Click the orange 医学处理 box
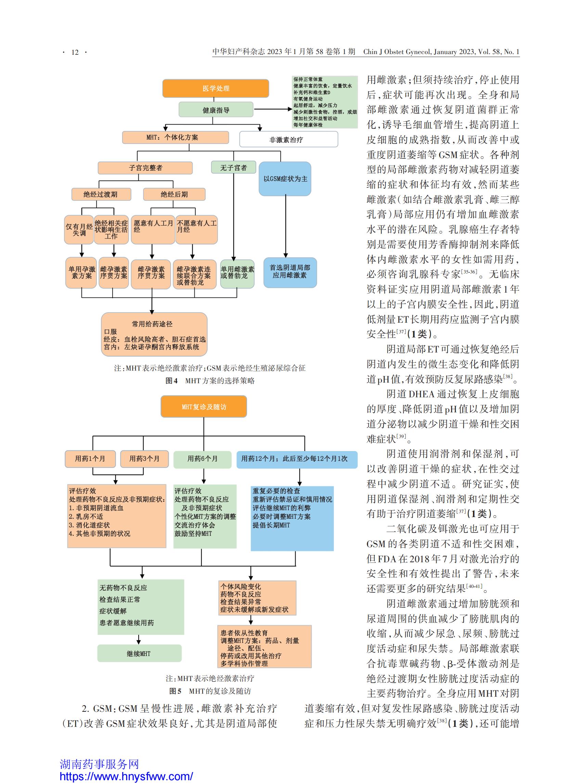[x=216, y=88]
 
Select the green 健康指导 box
[x=216, y=110]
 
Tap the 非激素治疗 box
[x=288, y=140]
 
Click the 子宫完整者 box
[x=145, y=168]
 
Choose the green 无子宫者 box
[x=234, y=167]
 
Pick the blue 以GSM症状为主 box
[x=285, y=179]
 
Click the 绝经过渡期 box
[x=101, y=194]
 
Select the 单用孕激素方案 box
[x=81, y=273]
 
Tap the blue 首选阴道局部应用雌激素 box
[x=290, y=272]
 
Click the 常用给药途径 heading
[x=152, y=324]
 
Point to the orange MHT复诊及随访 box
[x=204, y=407]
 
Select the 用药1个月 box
[x=90, y=459]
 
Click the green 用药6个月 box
[x=203, y=459]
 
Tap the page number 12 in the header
[x=75, y=52]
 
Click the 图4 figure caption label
[x=171, y=381]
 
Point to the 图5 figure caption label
[x=176, y=691]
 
